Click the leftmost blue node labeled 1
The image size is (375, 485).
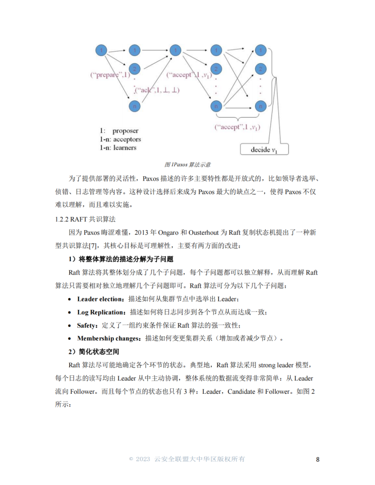[100, 51]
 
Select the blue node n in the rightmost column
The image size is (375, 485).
[259, 106]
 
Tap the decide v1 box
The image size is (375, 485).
[264, 150]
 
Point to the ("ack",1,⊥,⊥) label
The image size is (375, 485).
[157, 90]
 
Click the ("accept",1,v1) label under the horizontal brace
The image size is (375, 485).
[237, 127]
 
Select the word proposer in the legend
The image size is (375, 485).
[125, 130]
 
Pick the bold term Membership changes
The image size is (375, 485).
[109, 338]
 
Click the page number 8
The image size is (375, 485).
[317, 459]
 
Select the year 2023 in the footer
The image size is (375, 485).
[143, 459]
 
